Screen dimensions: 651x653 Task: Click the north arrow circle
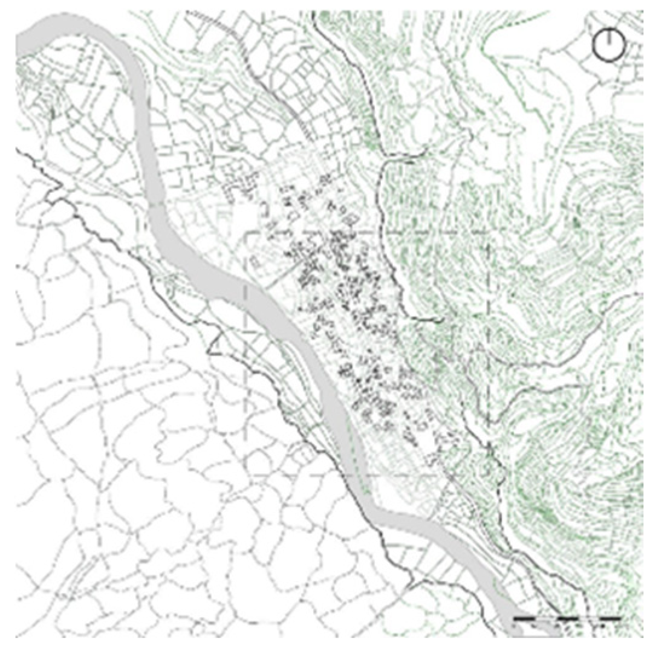[608, 45]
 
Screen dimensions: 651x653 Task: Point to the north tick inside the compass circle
[608, 37]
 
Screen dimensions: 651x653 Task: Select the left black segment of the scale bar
[523, 618]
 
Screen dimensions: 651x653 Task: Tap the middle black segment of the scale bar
[567, 618]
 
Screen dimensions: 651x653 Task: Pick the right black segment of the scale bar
[611, 618]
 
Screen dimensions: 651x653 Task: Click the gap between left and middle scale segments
[545, 618]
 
